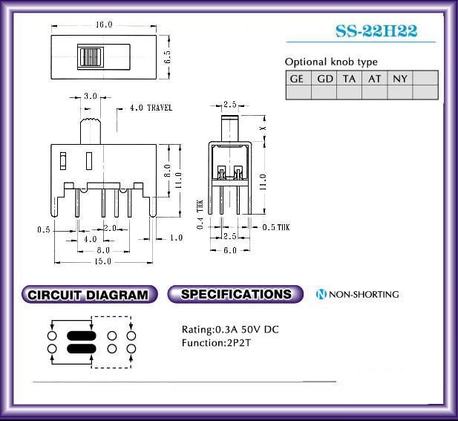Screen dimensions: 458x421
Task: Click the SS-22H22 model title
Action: (376, 31)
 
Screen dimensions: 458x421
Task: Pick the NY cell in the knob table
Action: (400, 78)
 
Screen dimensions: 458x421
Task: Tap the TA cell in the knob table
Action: (349, 78)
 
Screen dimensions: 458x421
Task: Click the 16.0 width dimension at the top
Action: (104, 25)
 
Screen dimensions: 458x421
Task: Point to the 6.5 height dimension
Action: (167, 56)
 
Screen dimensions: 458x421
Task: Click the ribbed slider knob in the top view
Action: (91, 56)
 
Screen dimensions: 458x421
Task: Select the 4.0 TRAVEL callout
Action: (151, 108)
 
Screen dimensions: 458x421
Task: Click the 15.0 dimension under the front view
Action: (103, 261)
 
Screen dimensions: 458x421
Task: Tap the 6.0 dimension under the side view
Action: (230, 250)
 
